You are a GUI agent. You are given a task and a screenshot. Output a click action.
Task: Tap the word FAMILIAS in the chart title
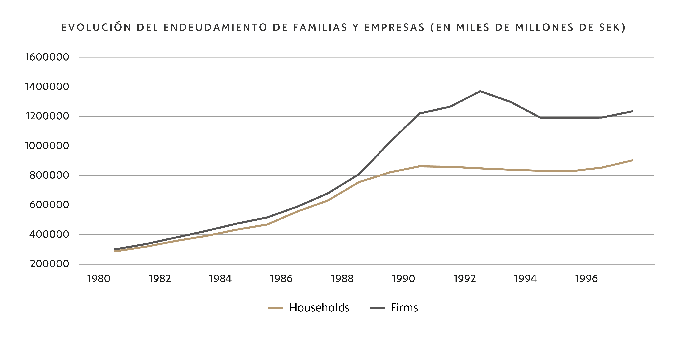[320, 28]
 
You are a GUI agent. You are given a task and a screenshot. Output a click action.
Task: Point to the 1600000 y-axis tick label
[47, 57]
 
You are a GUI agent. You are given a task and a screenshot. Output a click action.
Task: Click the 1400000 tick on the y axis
[47, 87]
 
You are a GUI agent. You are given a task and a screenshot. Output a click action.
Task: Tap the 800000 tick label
[49, 175]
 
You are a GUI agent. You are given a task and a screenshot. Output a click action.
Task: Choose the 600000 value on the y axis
[49, 205]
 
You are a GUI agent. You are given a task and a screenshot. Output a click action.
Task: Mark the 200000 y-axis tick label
[49, 264]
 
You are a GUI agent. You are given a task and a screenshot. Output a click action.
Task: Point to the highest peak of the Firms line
[480, 91]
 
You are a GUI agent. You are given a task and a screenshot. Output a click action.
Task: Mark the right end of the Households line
[632, 160]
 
